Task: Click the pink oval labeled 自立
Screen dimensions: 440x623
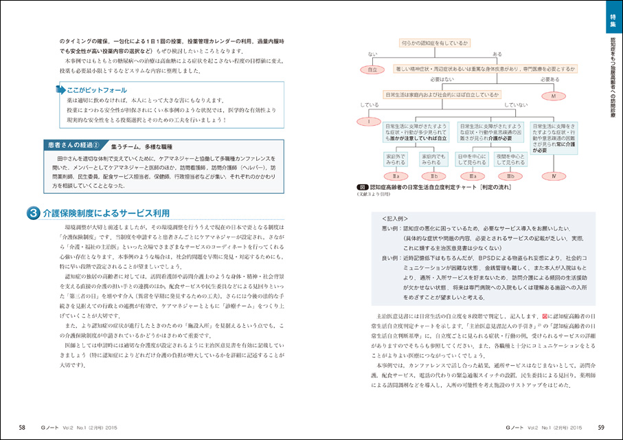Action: coord(372,69)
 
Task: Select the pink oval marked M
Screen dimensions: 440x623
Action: coord(553,96)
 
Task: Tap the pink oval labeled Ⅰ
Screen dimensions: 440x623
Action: coord(369,122)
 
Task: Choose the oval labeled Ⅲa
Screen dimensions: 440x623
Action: coord(471,177)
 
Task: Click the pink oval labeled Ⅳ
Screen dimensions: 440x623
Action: coord(553,177)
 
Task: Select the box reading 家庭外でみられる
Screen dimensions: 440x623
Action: coord(396,159)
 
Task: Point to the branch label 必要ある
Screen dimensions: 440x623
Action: coord(552,79)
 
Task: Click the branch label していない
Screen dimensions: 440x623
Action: coord(515,105)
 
